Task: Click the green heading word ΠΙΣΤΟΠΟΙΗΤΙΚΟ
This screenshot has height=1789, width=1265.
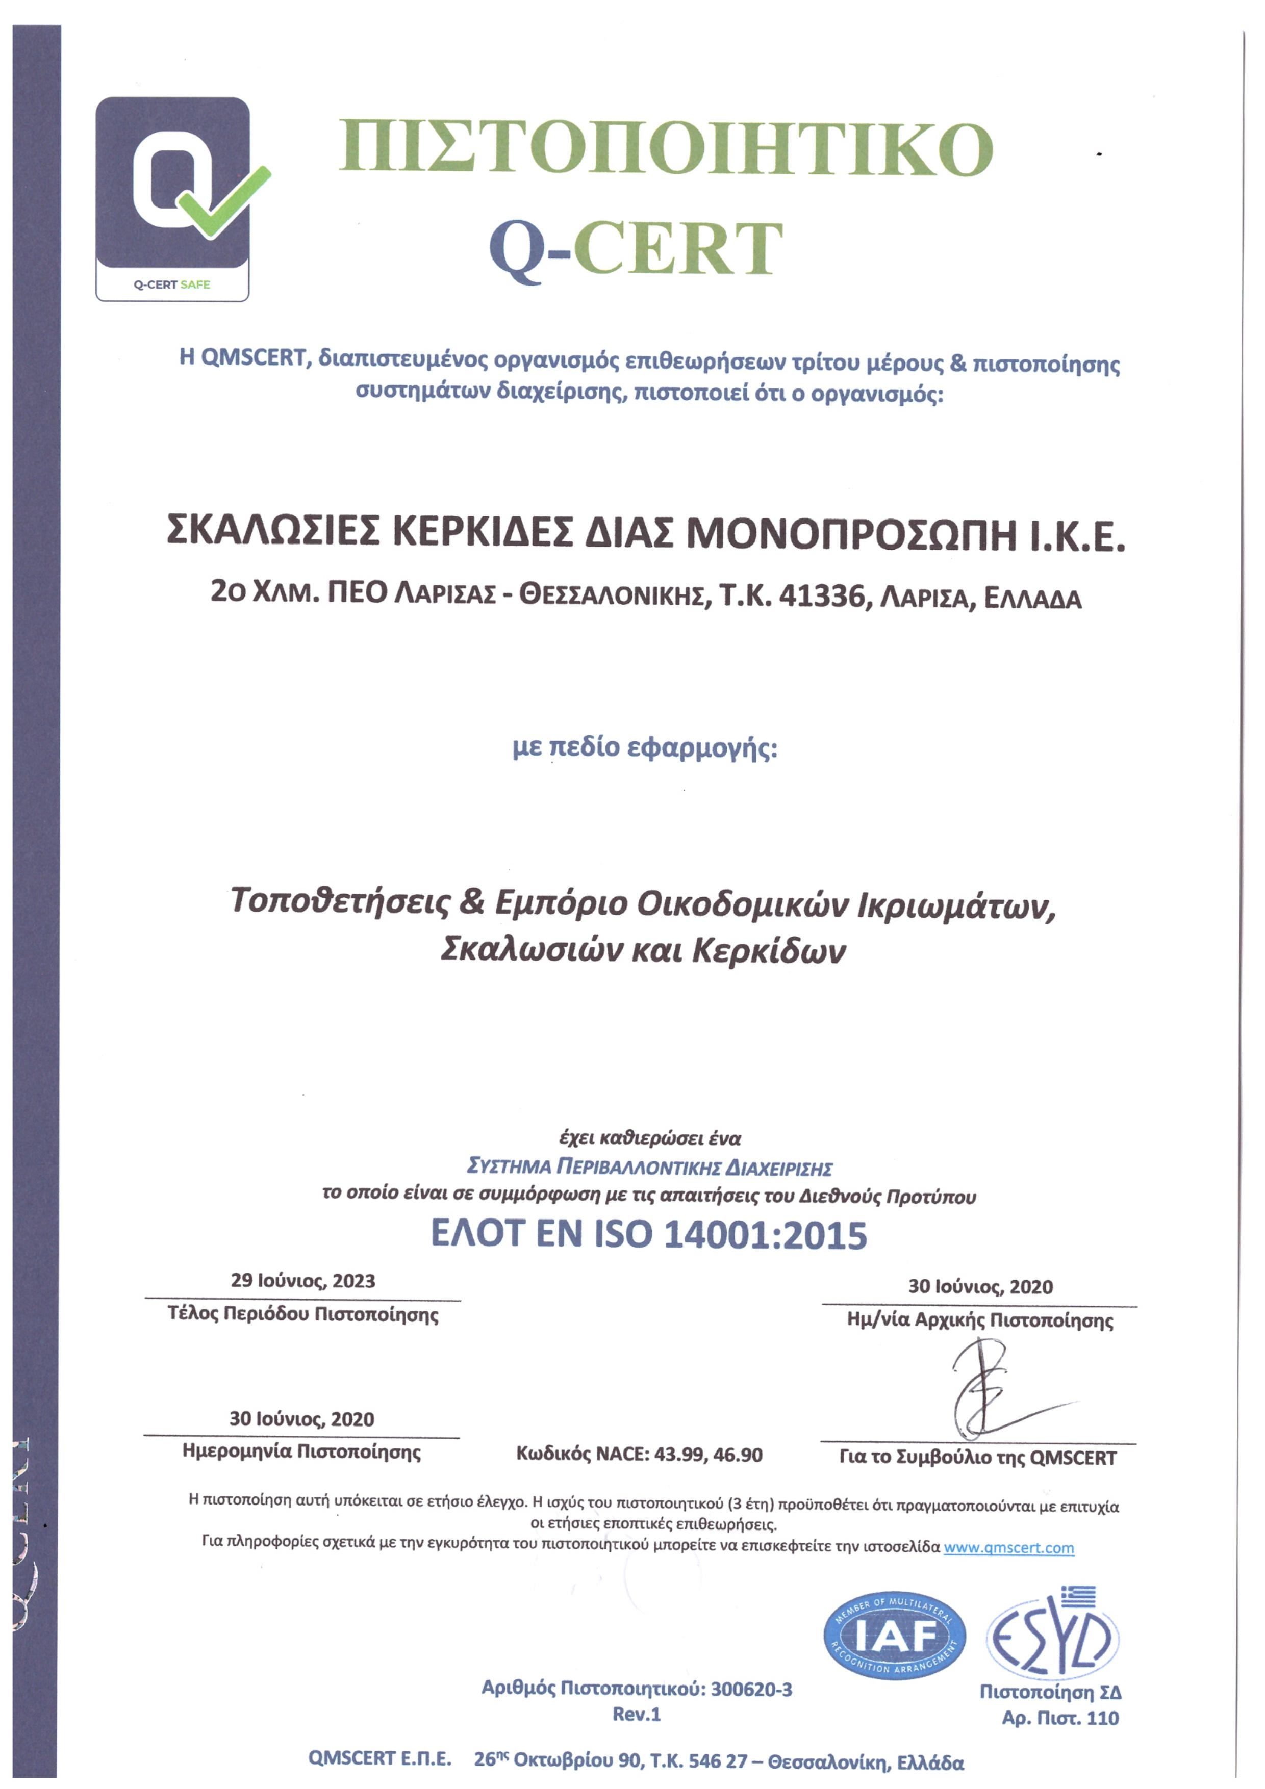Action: point(666,147)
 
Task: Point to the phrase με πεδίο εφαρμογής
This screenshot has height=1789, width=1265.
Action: point(645,747)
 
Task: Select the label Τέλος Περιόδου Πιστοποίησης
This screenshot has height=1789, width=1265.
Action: point(302,1314)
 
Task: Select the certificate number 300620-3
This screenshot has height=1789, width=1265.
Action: point(750,1689)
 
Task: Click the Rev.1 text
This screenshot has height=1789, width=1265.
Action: point(636,1714)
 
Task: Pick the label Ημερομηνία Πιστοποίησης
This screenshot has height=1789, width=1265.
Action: point(301,1451)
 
